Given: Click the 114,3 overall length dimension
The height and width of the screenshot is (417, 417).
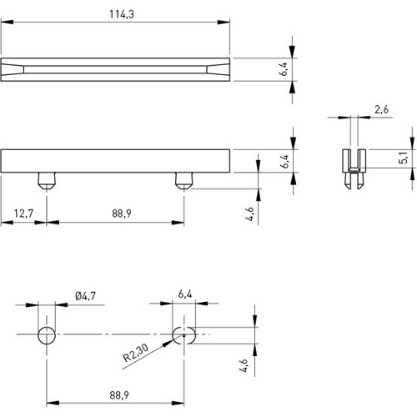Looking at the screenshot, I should point(117,13).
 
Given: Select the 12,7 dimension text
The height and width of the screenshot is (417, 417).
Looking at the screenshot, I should point(23,214).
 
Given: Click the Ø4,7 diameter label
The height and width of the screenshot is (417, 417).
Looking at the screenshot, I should point(86,296).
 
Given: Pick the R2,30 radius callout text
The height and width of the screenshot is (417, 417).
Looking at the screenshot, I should point(137,358).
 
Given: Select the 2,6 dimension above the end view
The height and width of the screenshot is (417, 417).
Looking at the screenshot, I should point(382,109).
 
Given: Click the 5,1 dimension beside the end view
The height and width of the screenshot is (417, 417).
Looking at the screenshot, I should point(404,157).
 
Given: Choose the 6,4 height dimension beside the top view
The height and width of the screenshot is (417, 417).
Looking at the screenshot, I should point(284,69).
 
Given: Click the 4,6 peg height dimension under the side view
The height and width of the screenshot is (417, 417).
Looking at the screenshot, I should point(249,213).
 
